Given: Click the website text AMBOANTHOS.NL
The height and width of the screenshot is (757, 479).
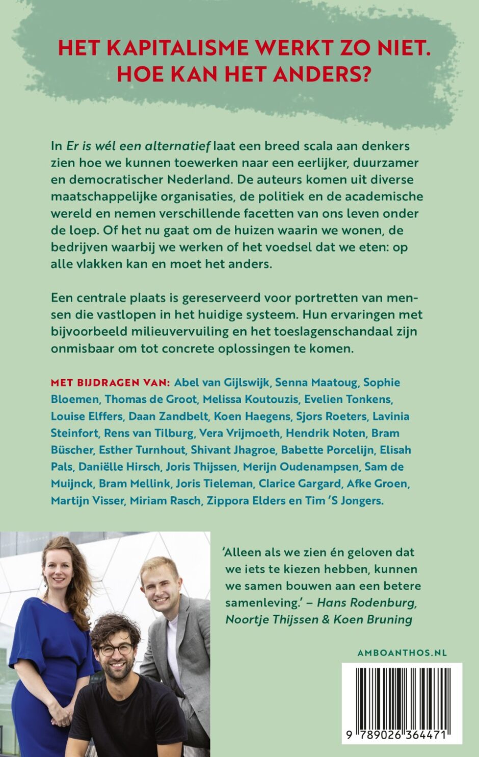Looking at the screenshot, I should pyautogui.click(x=402, y=653).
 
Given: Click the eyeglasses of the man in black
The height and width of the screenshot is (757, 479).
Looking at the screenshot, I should pyautogui.click(x=116, y=650).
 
